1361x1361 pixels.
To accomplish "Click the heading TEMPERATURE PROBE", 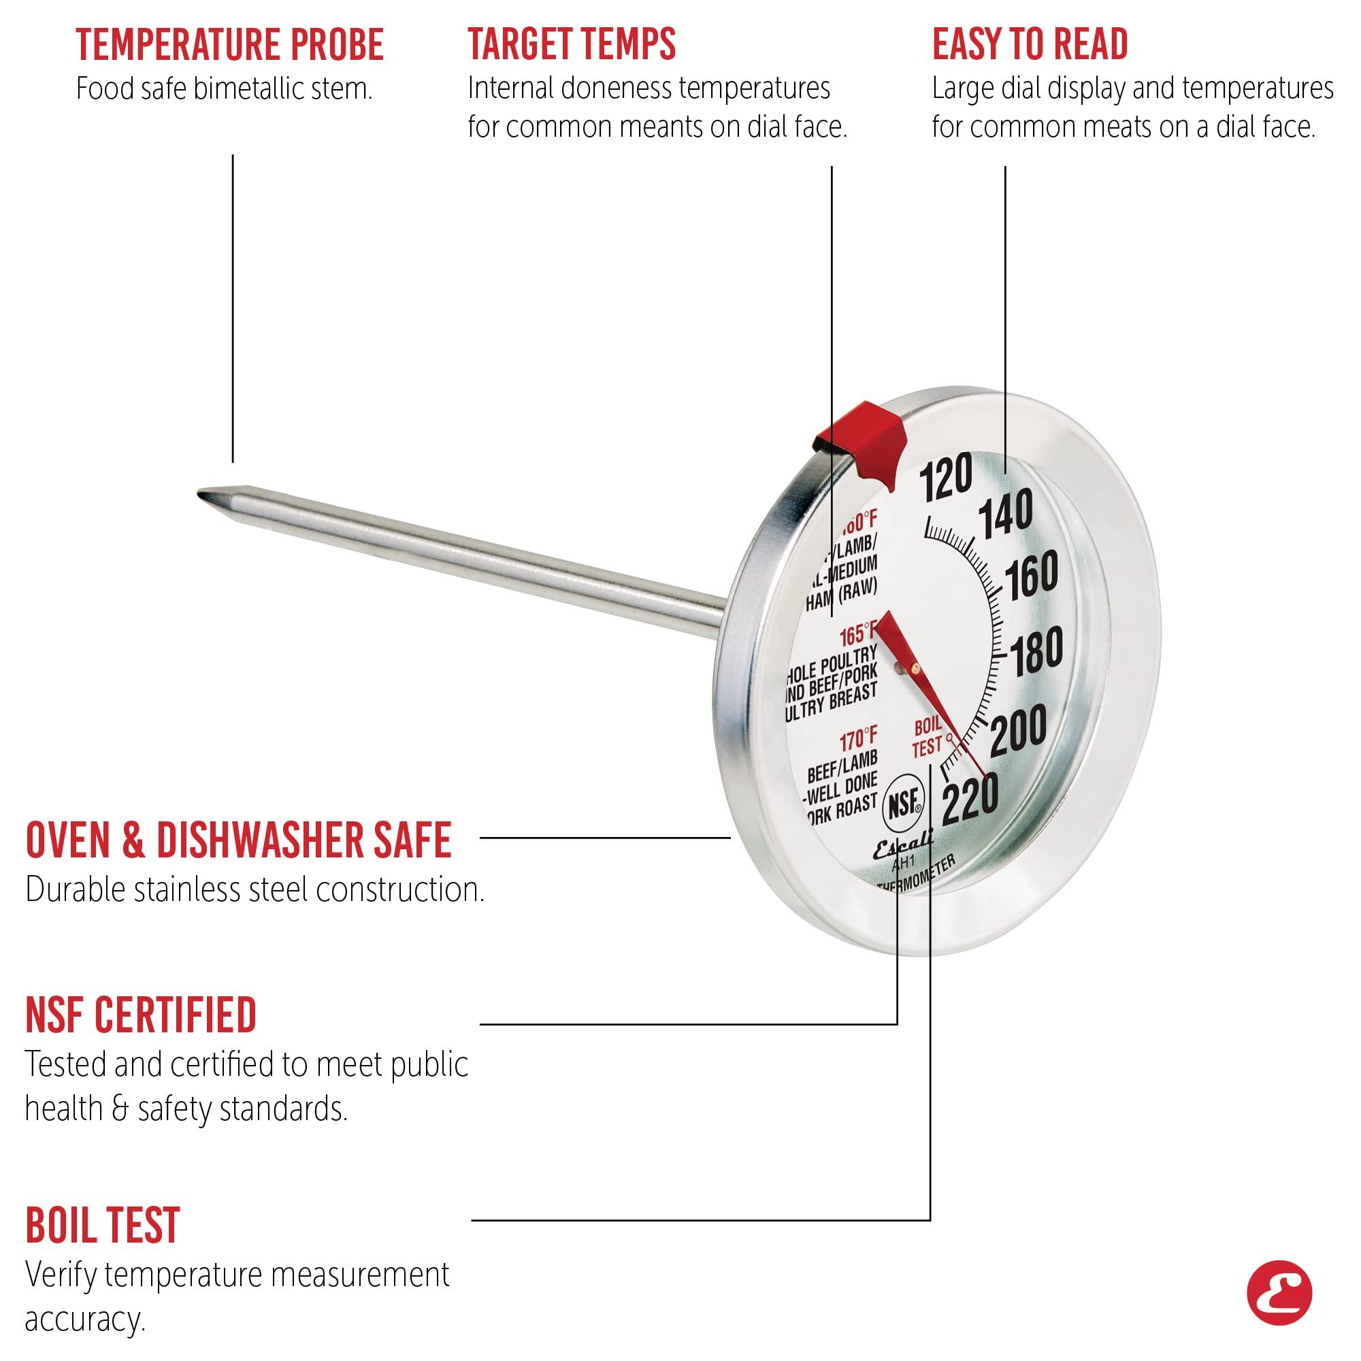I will point(229,45).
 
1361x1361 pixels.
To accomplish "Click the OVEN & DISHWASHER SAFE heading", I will point(238,840).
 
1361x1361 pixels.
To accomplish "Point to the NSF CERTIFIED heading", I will point(141,1015).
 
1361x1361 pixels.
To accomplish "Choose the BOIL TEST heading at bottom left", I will point(103,1225).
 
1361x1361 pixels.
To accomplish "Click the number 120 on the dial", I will point(946,477).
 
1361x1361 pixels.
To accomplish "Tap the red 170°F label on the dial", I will point(858,740).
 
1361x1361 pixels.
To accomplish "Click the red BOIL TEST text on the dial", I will point(927,738).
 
